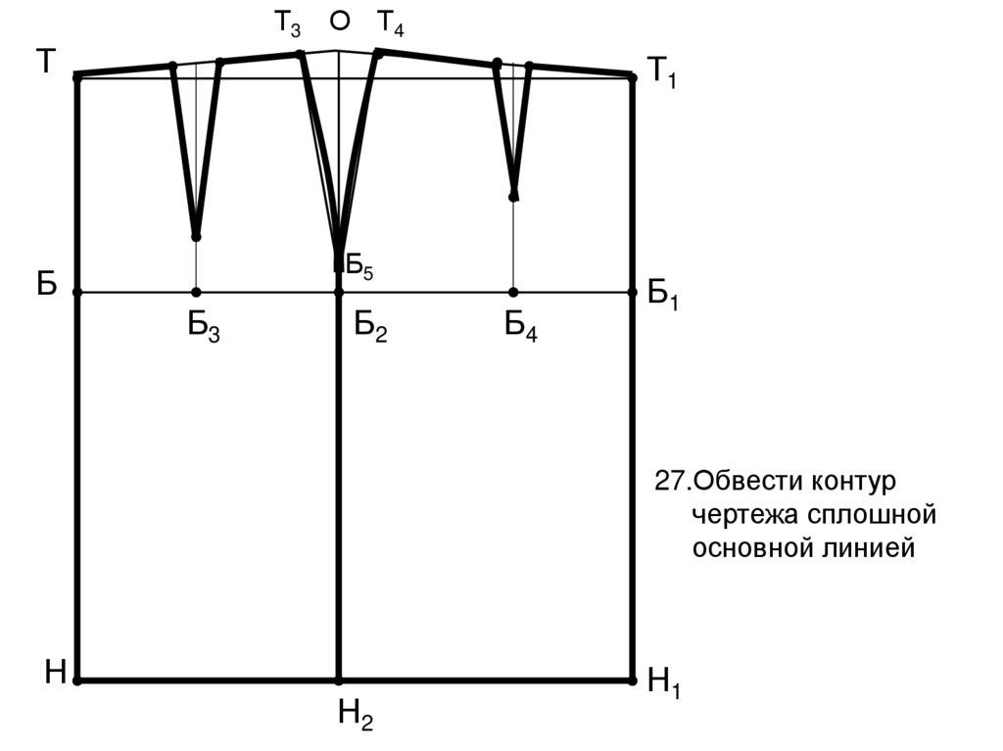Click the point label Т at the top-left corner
point(46,62)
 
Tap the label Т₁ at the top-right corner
point(662,70)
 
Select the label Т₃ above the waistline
point(287,24)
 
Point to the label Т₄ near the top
point(390,24)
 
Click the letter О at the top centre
point(340,22)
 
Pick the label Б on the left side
point(47,283)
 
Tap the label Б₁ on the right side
point(663,295)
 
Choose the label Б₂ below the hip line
point(370,328)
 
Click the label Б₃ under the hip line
point(204,328)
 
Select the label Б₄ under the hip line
point(521,326)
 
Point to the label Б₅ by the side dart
point(359,266)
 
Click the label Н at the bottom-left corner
point(56,673)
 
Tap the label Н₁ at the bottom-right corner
point(664,682)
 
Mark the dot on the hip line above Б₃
point(196,293)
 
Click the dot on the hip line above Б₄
point(513,293)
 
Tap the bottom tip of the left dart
point(196,237)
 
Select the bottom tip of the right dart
point(513,197)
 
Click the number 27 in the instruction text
point(669,481)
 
